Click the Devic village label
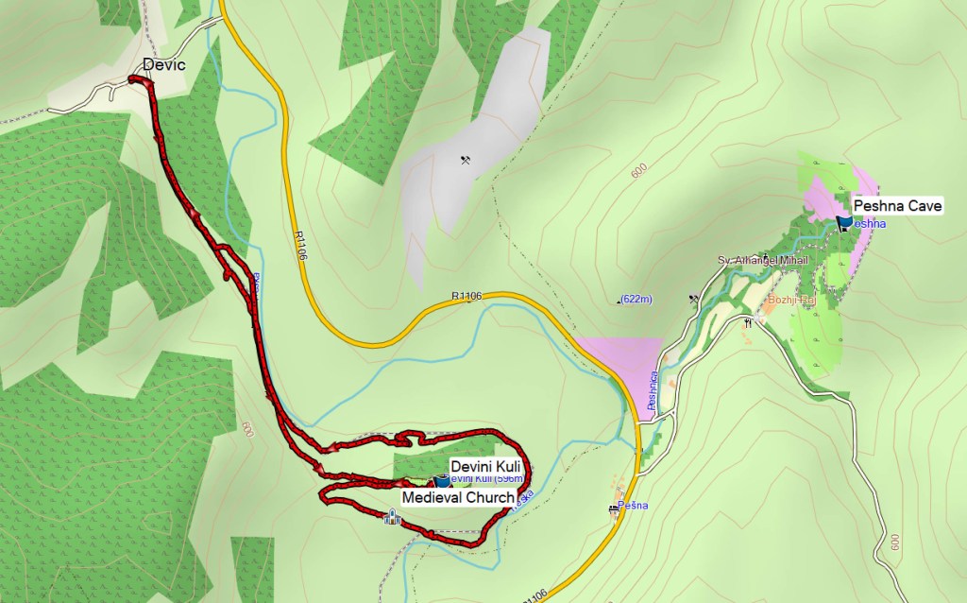pyautogui.click(x=163, y=64)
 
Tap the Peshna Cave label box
pyautogui.click(x=897, y=205)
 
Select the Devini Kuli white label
pyautogui.click(x=485, y=466)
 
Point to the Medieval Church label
pyautogui.click(x=458, y=497)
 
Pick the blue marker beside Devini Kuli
pyautogui.click(x=442, y=480)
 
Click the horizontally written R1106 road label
pyautogui.click(x=467, y=296)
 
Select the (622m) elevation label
pyautogui.click(x=636, y=300)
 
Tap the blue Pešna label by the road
pyautogui.click(x=634, y=505)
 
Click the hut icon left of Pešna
pyautogui.click(x=615, y=508)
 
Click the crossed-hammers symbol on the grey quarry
pyautogui.click(x=465, y=160)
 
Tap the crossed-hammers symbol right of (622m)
pyautogui.click(x=695, y=299)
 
